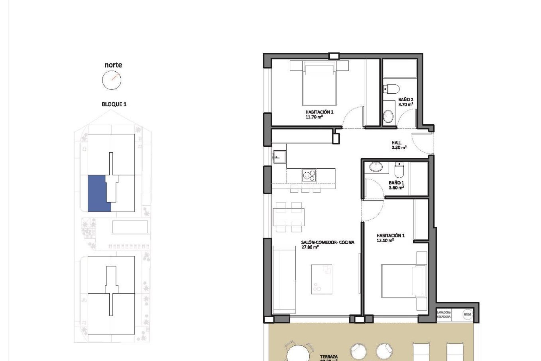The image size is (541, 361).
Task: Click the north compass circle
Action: [x=112, y=80]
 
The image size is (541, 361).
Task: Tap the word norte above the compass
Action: [x=113, y=65]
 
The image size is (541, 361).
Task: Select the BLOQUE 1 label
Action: [x=114, y=104]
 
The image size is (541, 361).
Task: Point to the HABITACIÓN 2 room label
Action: [x=319, y=112]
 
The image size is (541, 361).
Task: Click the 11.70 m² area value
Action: [x=314, y=116]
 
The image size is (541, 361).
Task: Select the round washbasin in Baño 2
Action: [x=389, y=116]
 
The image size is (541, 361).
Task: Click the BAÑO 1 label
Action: [x=396, y=183]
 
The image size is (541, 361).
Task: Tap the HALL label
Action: [x=396, y=143]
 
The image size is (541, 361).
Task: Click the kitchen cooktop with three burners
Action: [x=309, y=175]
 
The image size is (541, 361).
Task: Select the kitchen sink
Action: [x=279, y=156]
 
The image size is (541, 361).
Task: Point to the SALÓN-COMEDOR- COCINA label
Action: [x=327, y=242]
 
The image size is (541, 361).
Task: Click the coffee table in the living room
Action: [x=322, y=279]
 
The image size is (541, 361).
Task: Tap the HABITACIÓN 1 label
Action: [x=391, y=235]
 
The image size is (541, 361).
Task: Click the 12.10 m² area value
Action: [x=385, y=240]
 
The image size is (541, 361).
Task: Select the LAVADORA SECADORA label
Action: [x=444, y=314]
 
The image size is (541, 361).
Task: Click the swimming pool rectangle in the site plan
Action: [x=130, y=227]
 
